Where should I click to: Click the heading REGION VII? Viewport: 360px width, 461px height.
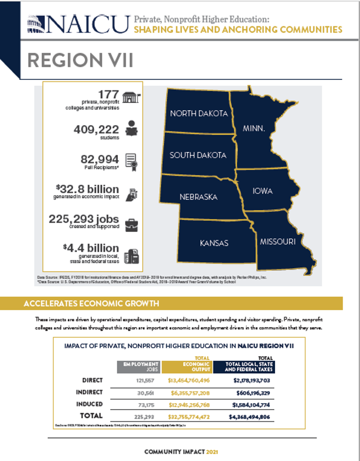coord(80,60)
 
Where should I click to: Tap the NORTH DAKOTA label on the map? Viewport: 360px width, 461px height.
coord(199,114)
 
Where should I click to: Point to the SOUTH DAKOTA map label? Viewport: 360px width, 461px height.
coord(198,155)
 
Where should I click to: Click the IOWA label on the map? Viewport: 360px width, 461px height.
coord(262,191)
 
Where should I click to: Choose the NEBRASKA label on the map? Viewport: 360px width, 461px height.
coord(198,197)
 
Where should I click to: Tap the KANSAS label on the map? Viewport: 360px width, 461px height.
coord(214,243)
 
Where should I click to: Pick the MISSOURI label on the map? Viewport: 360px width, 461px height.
coord(278,241)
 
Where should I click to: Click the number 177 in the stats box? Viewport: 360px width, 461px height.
coord(108,95)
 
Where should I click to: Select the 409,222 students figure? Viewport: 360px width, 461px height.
coord(96,130)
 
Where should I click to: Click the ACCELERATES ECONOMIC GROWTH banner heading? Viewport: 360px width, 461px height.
coord(91,303)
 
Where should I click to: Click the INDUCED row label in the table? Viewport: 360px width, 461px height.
coord(90,404)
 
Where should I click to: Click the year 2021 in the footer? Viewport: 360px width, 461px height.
coord(212,451)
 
